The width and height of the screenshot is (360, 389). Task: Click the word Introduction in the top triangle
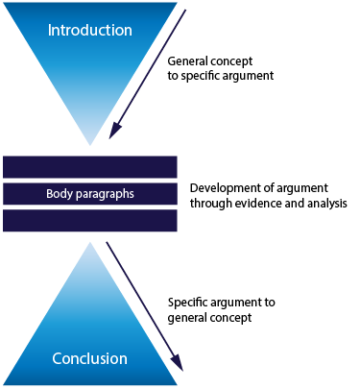90,31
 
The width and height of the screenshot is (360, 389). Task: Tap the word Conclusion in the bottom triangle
90,358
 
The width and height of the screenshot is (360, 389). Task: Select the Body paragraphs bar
90,194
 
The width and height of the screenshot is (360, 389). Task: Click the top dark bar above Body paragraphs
90,167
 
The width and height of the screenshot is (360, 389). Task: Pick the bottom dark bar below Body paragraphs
90,221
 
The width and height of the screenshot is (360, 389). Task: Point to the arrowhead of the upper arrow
114,130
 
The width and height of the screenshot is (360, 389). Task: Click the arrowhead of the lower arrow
178,362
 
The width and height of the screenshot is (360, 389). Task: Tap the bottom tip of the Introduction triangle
90,145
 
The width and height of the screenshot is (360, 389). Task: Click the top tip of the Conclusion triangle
90,242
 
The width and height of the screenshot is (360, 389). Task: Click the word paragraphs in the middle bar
105,194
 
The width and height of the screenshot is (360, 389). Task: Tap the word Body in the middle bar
60,194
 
